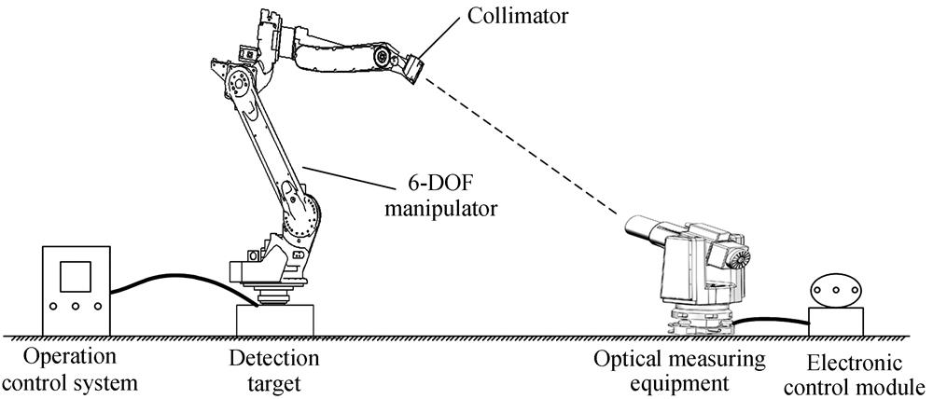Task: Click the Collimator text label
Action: pyautogui.click(x=517, y=15)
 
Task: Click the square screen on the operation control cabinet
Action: pyautogui.click(x=76, y=277)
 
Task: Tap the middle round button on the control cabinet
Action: pyautogui.click(x=76, y=306)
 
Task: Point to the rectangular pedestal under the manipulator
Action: pyautogui.click(x=275, y=321)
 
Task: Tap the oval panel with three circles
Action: pyautogui.click(x=836, y=291)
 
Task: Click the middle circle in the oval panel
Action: pyautogui.click(x=836, y=291)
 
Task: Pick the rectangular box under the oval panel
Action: pyautogui.click(x=836, y=322)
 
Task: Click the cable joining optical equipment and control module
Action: pyautogui.click(x=771, y=321)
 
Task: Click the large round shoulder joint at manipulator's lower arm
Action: pyautogui.click(x=301, y=218)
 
